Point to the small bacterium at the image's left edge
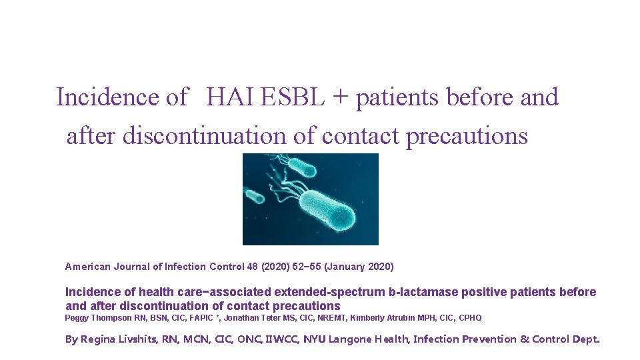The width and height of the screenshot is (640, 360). click(x=253, y=196)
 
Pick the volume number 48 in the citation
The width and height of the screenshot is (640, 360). click(x=252, y=267)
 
